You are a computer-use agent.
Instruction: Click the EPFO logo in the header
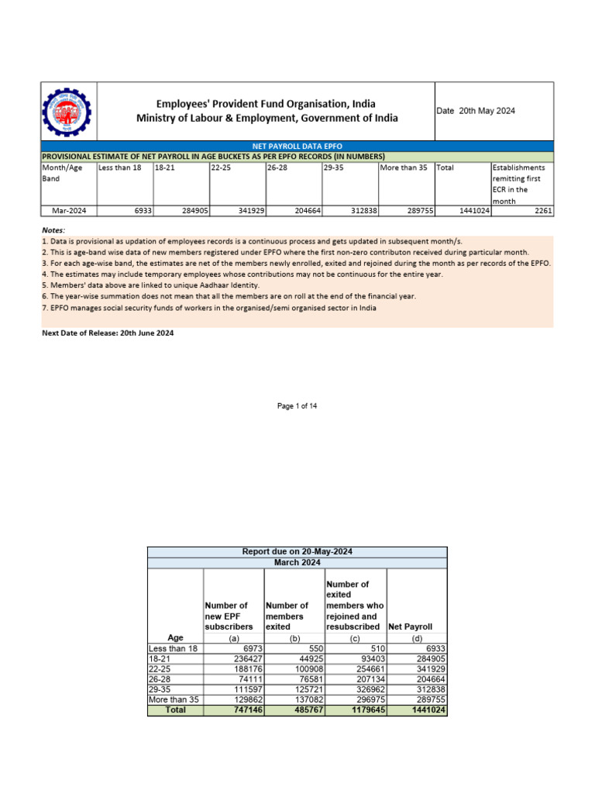point(66,111)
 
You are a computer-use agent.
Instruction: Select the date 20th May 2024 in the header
point(476,111)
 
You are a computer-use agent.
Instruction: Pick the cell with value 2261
point(543,210)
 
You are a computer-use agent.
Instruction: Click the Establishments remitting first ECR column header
point(521,184)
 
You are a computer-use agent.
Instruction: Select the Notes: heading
point(54,230)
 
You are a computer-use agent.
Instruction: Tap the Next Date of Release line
point(107,333)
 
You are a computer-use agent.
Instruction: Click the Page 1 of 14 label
point(297,406)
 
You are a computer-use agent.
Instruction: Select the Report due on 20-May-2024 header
point(297,551)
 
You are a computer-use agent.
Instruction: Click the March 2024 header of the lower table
point(297,562)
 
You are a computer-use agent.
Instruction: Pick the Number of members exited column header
point(287,616)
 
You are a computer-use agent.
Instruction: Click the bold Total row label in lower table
point(175,709)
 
